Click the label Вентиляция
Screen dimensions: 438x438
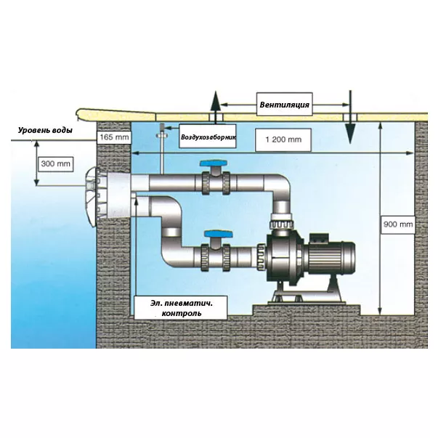pyautogui.click(x=285, y=105)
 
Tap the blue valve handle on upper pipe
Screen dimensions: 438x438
pyautogui.click(x=214, y=164)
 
